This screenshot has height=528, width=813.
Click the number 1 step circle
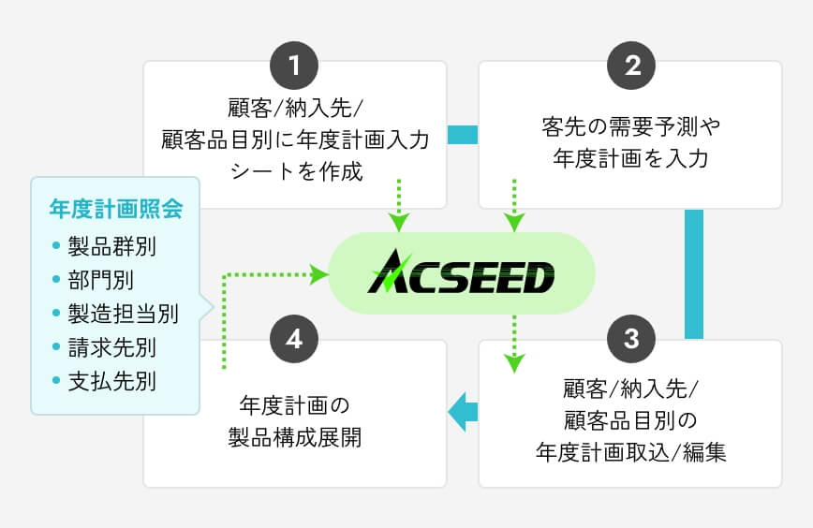point(295,66)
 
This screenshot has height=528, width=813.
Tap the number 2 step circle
point(630,66)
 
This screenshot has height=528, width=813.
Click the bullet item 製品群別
point(111,247)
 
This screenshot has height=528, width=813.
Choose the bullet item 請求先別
point(111,347)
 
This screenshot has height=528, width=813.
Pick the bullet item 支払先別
point(111,381)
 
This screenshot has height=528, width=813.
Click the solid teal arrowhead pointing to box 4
point(459,412)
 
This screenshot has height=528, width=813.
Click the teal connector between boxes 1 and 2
point(463,135)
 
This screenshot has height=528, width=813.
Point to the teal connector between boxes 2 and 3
point(693,273)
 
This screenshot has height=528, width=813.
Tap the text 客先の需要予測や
point(629,125)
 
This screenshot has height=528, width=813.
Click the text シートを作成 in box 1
point(295,173)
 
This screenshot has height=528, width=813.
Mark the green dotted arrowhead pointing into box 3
point(513,362)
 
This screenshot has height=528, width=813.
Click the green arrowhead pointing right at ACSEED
point(318,274)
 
